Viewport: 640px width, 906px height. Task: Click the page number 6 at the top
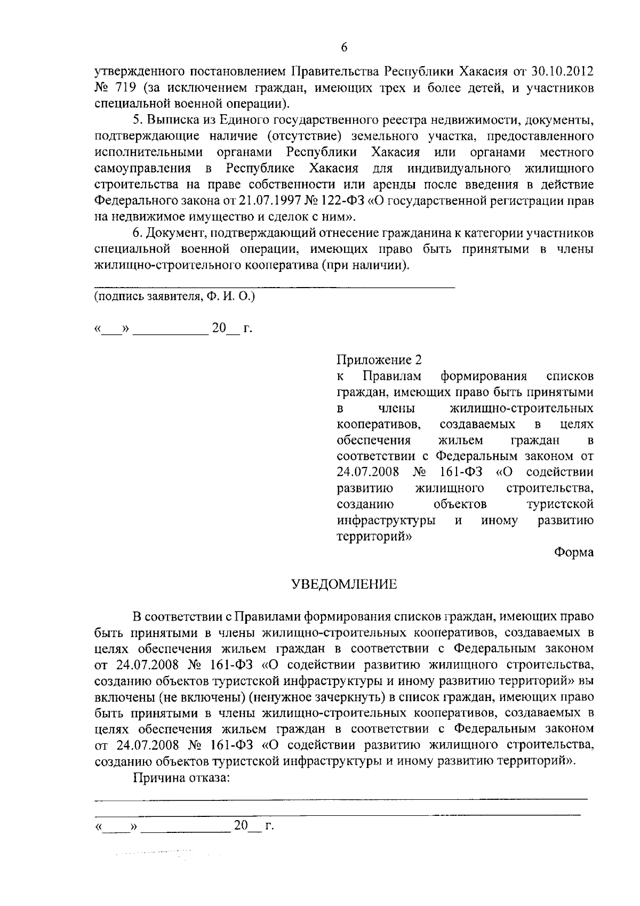coord(344,47)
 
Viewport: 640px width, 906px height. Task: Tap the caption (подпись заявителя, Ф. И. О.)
coord(174,296)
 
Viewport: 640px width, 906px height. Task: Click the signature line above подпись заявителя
coord(275,288)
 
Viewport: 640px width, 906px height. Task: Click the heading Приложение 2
coord(379,360)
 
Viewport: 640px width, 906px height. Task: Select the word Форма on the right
coord(574,552)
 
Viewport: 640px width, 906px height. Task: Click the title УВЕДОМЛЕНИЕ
coord(344,584)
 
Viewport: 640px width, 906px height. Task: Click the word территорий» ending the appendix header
coord(374,536)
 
